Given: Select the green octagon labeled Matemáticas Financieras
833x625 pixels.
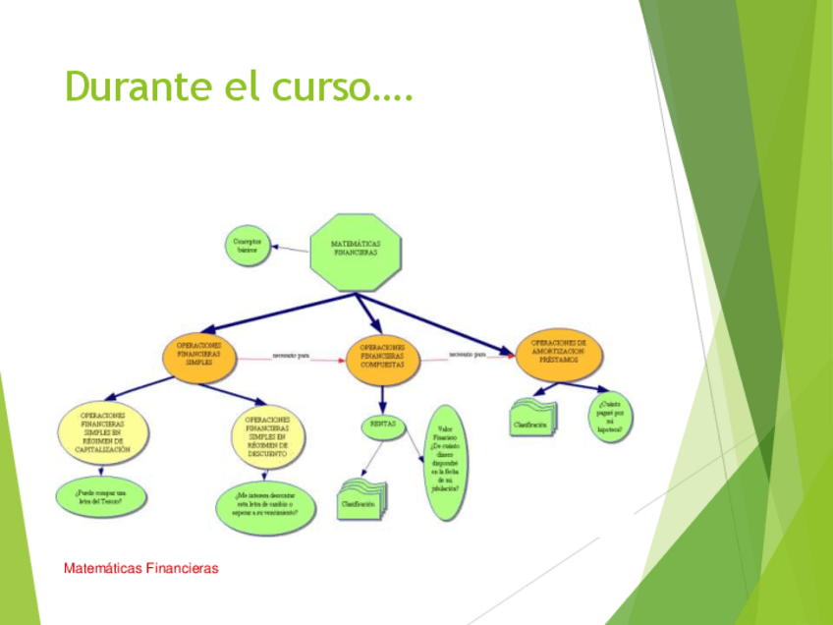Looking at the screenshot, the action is [x=356, y=252].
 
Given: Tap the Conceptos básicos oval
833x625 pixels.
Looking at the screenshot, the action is [x=247, y=246].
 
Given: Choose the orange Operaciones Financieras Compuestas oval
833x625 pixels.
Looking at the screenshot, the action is [x=383, y=357].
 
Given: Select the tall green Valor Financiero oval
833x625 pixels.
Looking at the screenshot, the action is [x=444, y=469].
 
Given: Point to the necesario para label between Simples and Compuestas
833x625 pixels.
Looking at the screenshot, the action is [x=291, y=355].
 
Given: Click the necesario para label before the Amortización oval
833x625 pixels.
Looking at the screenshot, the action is [x=468, y=354].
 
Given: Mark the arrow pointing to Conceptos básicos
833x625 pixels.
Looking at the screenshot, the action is [x=290, y=249].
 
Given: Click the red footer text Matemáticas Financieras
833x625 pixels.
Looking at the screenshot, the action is [x=140, y=568].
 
